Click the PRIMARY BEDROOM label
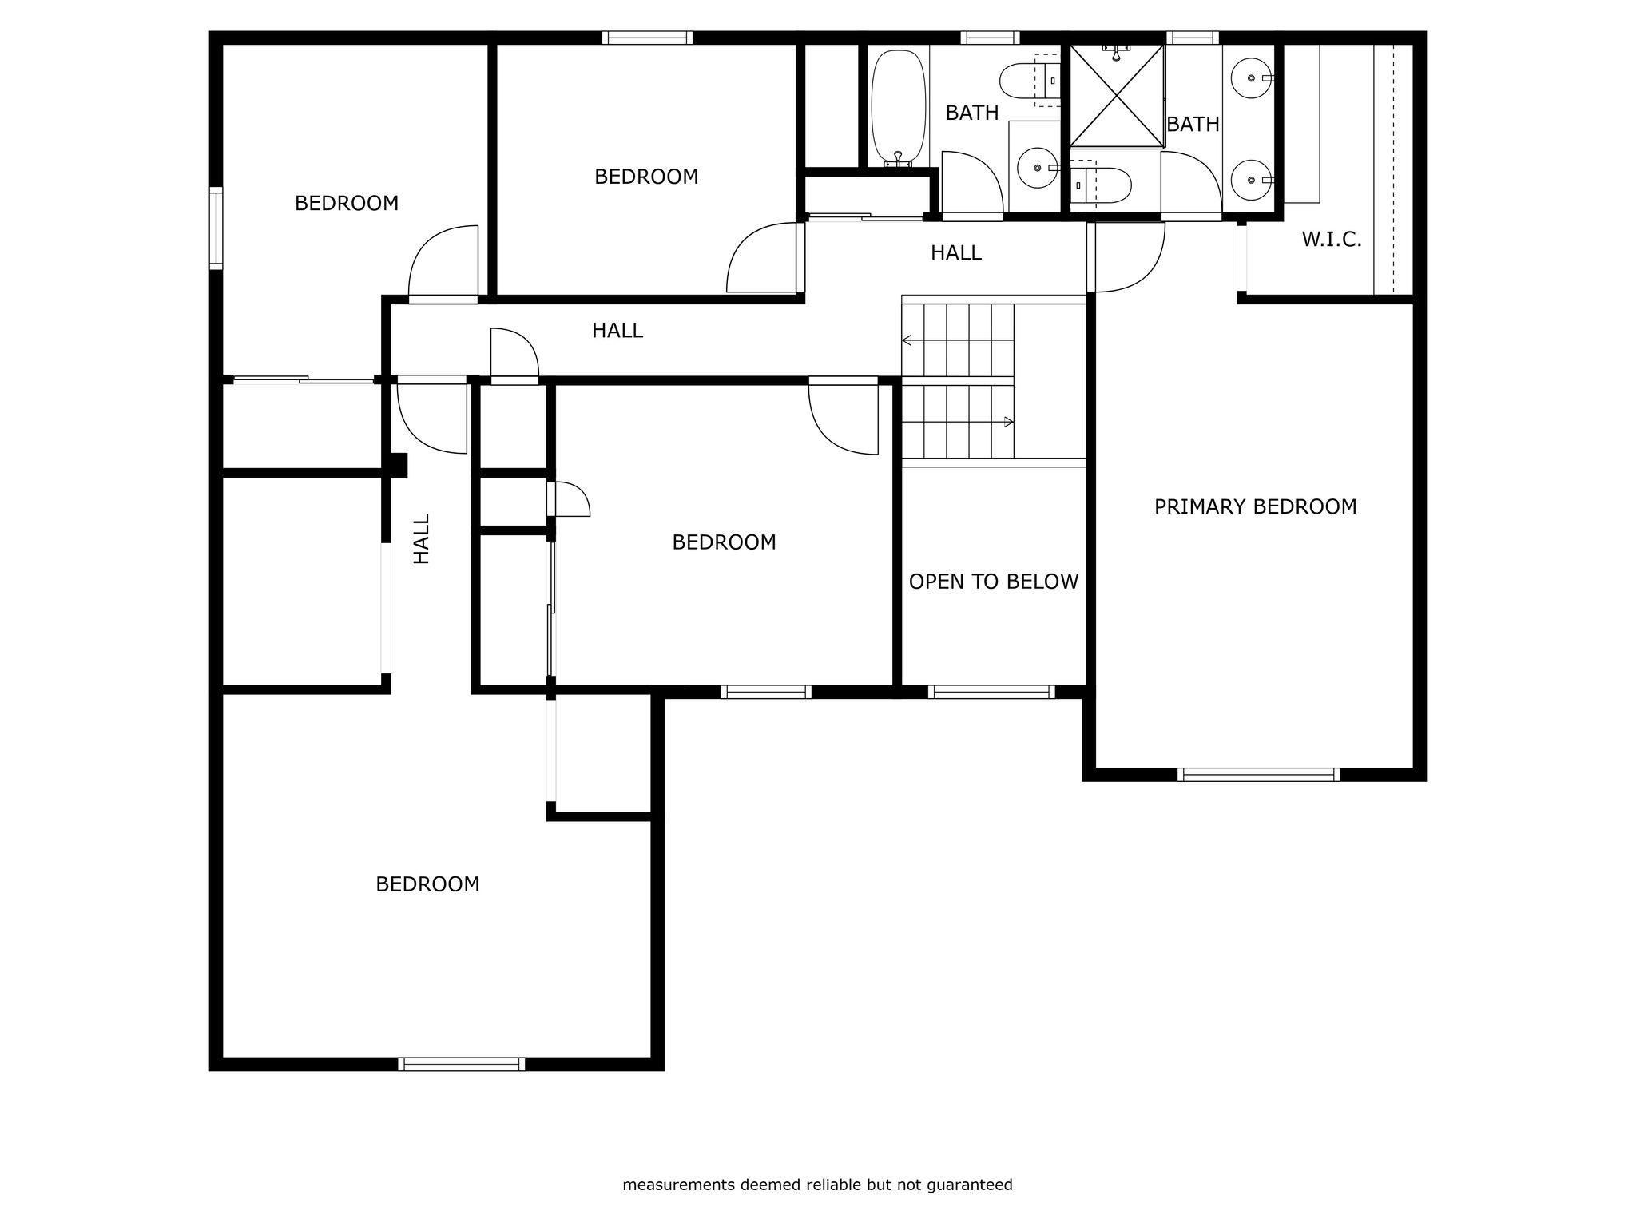[1255, 506]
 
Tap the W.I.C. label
[1332, 240]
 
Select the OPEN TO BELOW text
[994, 582]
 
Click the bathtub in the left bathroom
[899, 109]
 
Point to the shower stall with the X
[1117, 96]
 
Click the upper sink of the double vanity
[1251, 78]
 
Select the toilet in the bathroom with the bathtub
[1029, 80]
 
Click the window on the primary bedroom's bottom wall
[1258, 774]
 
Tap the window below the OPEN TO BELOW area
[991, 692]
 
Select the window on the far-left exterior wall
[216, 228]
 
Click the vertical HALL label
[421, 538]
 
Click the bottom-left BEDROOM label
[427, 884]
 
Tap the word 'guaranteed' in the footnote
[969, 1185]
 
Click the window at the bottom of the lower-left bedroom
[462, 1064]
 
